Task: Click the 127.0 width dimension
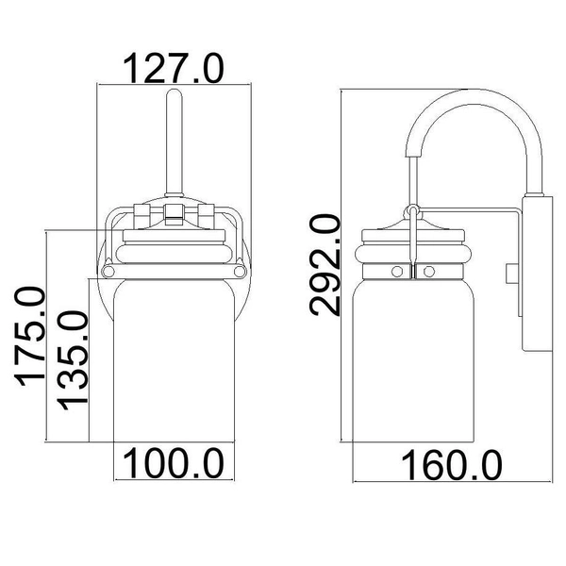pyautogui.click(x=174, y=68)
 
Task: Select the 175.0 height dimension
pyautogui.click(x=30, y=336)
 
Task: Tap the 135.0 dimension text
pyautogui.click(x=73, y=360)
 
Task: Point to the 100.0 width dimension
pyautogui.click(x=174, y=463)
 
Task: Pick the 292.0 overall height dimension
pyautogui.click(x=325, y=265)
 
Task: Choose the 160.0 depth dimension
pyautogui.click(x=452, y=466)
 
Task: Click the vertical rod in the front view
pyautogui.click(x=174, y=142)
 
